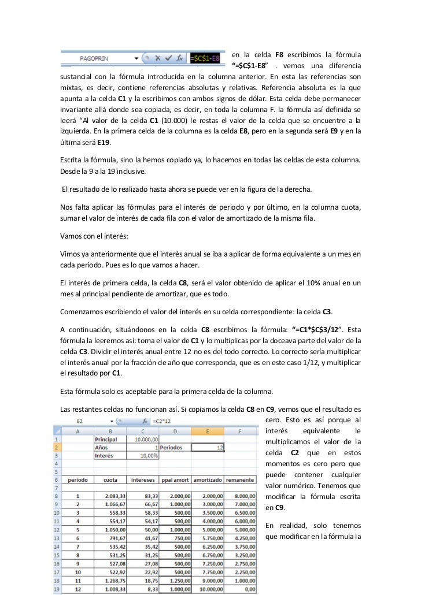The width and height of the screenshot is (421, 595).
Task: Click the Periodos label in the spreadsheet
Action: tap(174, 447)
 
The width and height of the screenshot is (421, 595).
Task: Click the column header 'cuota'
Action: tap(110, 479)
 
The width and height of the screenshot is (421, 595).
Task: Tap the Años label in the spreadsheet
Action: tap(102, 447)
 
